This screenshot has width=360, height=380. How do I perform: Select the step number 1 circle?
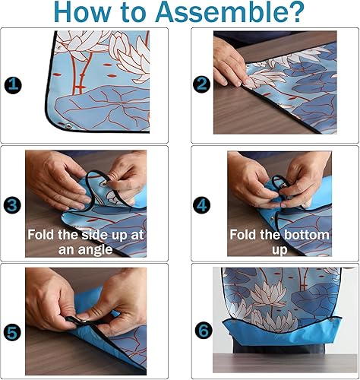pos(13,85)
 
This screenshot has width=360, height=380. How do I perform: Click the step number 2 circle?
pos(201,85)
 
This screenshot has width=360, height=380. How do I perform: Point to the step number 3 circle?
pos(13,203)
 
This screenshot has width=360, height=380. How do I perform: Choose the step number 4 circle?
pos(201,203)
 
